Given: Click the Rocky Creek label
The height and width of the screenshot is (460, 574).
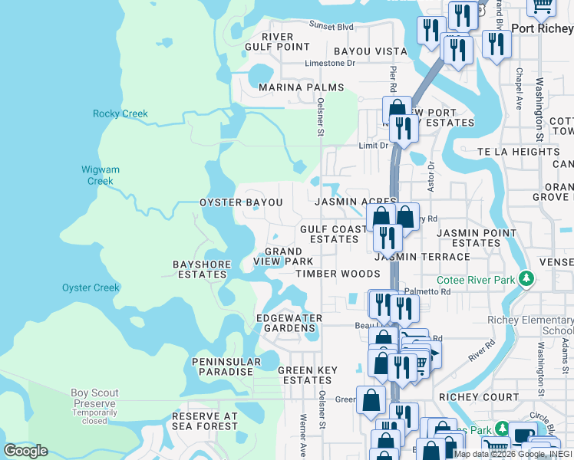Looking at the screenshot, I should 120,114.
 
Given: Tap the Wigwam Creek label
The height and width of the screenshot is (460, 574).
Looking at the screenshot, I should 100,176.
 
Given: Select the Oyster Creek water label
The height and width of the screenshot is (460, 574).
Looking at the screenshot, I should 91,288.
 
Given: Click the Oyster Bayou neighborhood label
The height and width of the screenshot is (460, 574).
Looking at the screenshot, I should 241,202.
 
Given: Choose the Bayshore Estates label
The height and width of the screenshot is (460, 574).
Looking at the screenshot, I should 199,269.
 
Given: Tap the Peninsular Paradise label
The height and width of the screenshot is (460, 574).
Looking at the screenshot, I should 222,366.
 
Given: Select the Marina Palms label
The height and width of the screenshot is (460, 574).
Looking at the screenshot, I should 301,87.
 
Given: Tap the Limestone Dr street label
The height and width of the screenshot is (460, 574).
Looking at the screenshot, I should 330,64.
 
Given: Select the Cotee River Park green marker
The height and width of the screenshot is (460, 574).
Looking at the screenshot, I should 526,278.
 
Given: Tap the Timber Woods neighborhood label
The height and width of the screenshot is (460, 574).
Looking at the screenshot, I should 338,274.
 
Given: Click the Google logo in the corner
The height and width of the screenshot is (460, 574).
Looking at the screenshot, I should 25,451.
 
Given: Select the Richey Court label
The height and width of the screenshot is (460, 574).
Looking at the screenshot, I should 479,397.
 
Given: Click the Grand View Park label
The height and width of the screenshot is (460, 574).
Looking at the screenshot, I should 284,256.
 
